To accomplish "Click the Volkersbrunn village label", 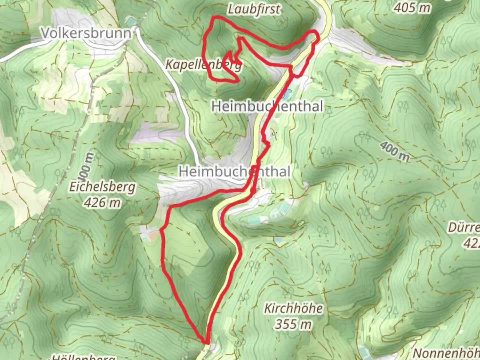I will (86, 33).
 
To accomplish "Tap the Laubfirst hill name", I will (254, 9).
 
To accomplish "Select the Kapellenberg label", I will (203, 64).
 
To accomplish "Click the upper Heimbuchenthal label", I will (267, 106).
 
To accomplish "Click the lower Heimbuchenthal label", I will (235, 172).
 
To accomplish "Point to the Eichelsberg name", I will (102, 187).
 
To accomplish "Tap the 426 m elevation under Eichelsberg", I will (102, 202).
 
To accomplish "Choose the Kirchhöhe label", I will (293, 308).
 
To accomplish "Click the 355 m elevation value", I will (293, 324).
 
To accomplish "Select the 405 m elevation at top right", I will (412, 7).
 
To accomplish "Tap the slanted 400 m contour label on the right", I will (395, 151).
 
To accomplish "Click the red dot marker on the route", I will (253, 190).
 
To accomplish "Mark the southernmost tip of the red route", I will (206, 342).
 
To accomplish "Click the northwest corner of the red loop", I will (214, 17).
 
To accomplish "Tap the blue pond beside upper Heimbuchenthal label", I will (286, 94).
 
